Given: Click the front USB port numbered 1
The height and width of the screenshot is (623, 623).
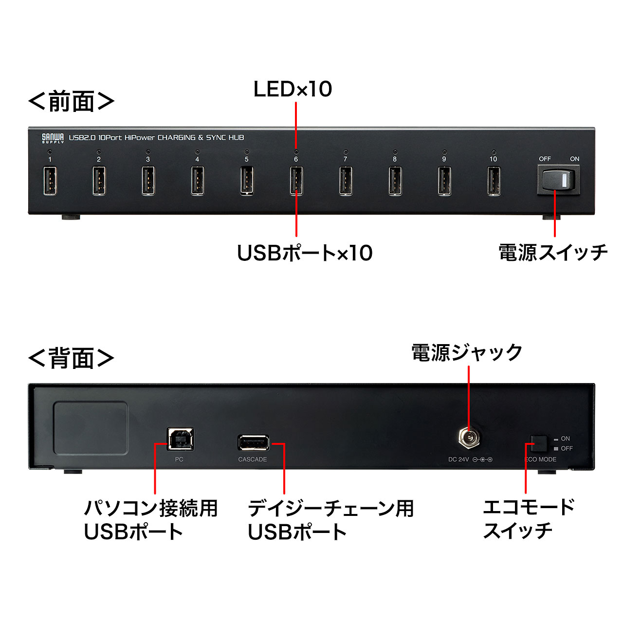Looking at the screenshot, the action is click(x=50, y=181).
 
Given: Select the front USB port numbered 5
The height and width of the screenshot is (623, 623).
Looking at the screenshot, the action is click(x=247, y=181).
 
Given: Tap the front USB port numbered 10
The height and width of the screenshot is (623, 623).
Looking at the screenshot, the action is click(x=494, y=181).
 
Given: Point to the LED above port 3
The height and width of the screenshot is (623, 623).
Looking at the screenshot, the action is click(x=148, y=152).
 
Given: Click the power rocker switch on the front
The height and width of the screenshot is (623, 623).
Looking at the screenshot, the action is click(x=558, y=180).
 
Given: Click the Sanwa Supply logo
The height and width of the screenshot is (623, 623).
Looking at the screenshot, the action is click(x=53, y=138).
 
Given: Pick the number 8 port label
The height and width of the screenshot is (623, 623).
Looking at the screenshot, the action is click(x=394, y=159).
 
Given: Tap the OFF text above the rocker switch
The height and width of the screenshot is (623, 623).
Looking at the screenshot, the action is click(x=545, y=159).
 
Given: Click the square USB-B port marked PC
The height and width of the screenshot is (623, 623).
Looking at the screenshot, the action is click(x=181, y=439).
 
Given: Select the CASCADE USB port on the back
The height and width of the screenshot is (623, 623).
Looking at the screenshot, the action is click(x=254, y=442).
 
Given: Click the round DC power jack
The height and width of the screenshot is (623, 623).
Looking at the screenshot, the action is click(x=468, y=438).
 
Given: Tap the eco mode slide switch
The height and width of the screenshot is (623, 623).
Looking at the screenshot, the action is click(x=539, y=443).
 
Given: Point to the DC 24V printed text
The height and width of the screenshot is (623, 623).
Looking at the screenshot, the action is click(x=458, y=459).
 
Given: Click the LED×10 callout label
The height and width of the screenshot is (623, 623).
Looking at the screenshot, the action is click(x=293, y=89).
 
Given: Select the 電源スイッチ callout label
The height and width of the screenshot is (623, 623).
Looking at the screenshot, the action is click(x=553, y=253).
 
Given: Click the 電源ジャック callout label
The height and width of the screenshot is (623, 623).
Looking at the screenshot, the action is click(x=467, y=352).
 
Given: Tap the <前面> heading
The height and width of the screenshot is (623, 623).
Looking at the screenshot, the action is click(x=72, y=101).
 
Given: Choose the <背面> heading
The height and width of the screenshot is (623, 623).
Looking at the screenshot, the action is click(x=72, y=358).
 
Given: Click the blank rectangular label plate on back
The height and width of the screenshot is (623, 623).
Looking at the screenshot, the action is click(x=91, y=428).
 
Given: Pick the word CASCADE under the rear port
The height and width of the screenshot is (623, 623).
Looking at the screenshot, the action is click(x=253, y=459).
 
